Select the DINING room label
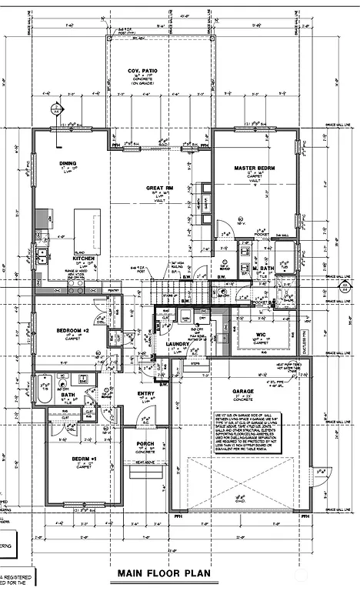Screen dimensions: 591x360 [68, 164]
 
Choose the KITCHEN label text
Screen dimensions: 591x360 [83, 258]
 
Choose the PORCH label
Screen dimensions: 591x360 [145, 444]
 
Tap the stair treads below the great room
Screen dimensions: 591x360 [182, 293]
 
